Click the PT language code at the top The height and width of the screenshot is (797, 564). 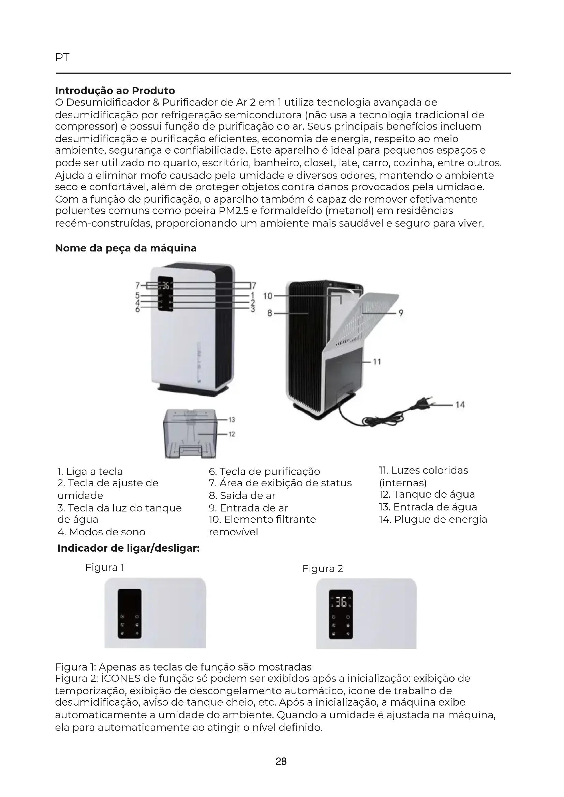(x=62, y=58)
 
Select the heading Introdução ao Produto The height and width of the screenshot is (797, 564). (x=115, y=91)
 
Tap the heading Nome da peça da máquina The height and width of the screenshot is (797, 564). (x=126, y=248)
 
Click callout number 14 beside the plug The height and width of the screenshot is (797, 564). (x=460, y=405)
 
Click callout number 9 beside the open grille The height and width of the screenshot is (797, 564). (x=401, y=313)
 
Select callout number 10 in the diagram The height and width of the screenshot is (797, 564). (x=268, y=296)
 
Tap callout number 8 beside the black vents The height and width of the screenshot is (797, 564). (x=269, y=313)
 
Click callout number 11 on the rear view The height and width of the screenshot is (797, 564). (x=377, y=362)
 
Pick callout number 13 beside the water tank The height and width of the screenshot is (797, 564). (x=232, y=420)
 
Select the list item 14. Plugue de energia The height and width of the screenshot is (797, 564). (x=433, y=520)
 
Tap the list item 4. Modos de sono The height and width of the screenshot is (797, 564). (x=101, y=532)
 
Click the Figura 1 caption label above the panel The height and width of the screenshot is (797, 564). (x=105, y=568)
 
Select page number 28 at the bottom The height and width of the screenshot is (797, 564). (x=281, y=762)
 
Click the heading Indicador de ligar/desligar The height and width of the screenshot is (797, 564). (x=129, y=549)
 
